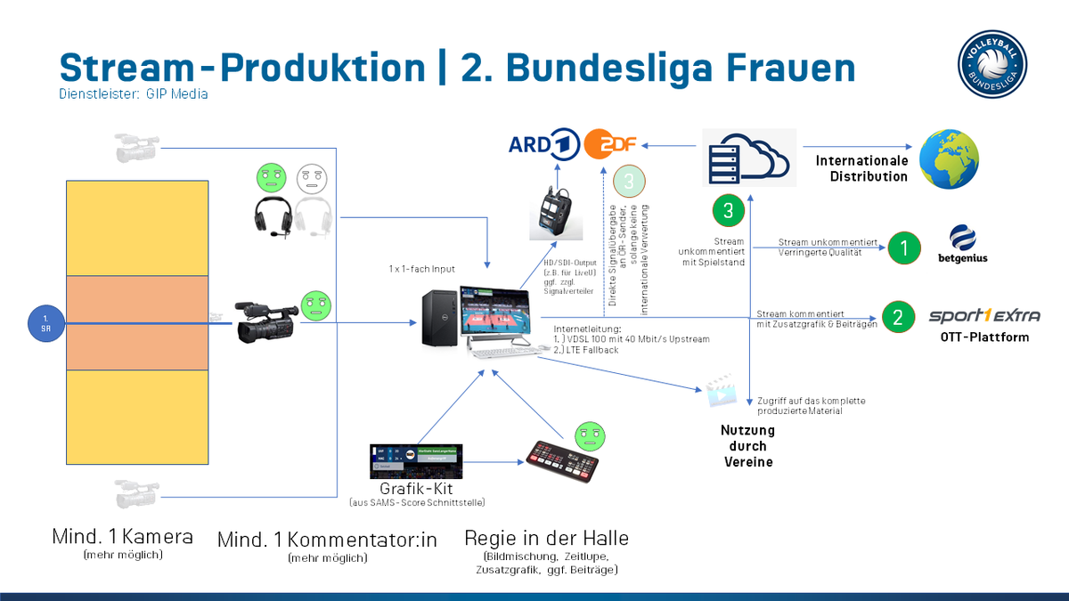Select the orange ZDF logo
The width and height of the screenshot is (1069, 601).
(x=609, y=143)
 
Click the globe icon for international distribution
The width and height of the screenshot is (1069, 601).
(x=949, y=158)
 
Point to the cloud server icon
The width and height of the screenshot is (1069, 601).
(x=745, y=155)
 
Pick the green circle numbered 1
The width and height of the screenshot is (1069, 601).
(x=903, y=248)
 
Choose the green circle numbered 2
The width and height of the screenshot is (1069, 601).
(x=897, y=316)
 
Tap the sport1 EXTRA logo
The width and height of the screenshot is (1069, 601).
(x=983, y=316)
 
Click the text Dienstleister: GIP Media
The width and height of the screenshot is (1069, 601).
(x=134, y=93)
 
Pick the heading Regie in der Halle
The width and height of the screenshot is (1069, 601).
(x=546, y=538)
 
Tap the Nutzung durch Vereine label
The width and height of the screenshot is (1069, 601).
(x=747, y=446)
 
